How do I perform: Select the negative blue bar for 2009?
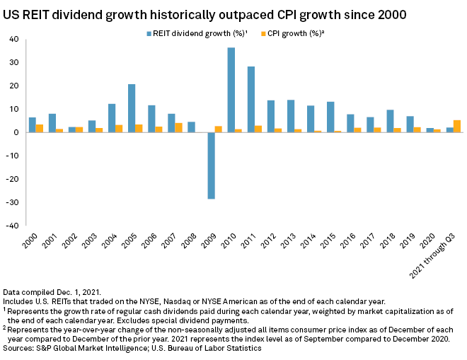pyautogui.click(x=211, y=166)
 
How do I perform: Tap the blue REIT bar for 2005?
pyautogui.click(x=132, y=108)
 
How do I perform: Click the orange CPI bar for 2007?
pyautogui.click(x=179, y=127)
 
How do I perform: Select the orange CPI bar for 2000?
pyautogui.click(x=40, y=128)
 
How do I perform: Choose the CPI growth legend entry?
pyautogui.click(x=296, y=33)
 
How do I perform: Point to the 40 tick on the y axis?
pyautogui.click(x=14, y=39)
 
